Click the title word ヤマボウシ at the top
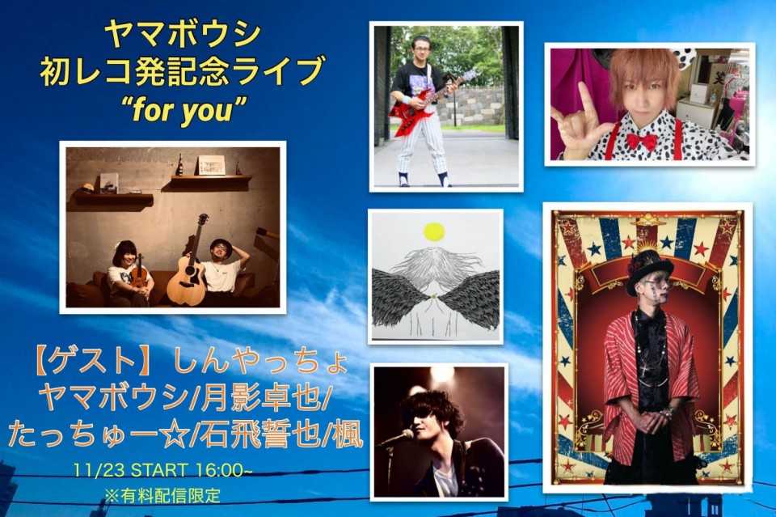183,35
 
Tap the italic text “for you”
183,110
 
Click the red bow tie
641,142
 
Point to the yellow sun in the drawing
434,231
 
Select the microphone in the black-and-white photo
399,437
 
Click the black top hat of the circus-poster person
649,271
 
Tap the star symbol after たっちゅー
171,434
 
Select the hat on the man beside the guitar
221,244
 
